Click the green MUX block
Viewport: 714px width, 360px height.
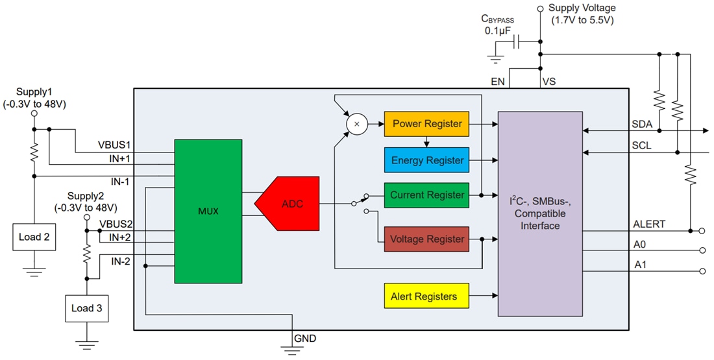point(208,211)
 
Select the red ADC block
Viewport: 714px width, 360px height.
point(289,204)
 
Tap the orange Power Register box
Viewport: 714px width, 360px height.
point(426,124)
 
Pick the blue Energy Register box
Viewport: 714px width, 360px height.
point(426,160)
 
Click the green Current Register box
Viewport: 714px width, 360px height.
point(426,195)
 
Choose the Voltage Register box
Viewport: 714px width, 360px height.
point(426,239)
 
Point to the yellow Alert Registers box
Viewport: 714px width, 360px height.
point(425,297)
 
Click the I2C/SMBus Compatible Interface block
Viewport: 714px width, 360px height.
point(539,213)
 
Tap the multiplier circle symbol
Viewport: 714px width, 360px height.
point(356,124)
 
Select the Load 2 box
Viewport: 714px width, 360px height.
point(34,237)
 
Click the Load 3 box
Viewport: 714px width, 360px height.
point(86,308)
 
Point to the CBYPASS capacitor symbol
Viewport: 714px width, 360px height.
point(516,43)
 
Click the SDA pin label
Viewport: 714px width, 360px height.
point(643,124)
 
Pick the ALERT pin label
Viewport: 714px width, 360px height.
point(649,224)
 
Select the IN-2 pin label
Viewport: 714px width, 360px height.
point(121,261)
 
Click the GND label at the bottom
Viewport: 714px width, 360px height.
point(306,339)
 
